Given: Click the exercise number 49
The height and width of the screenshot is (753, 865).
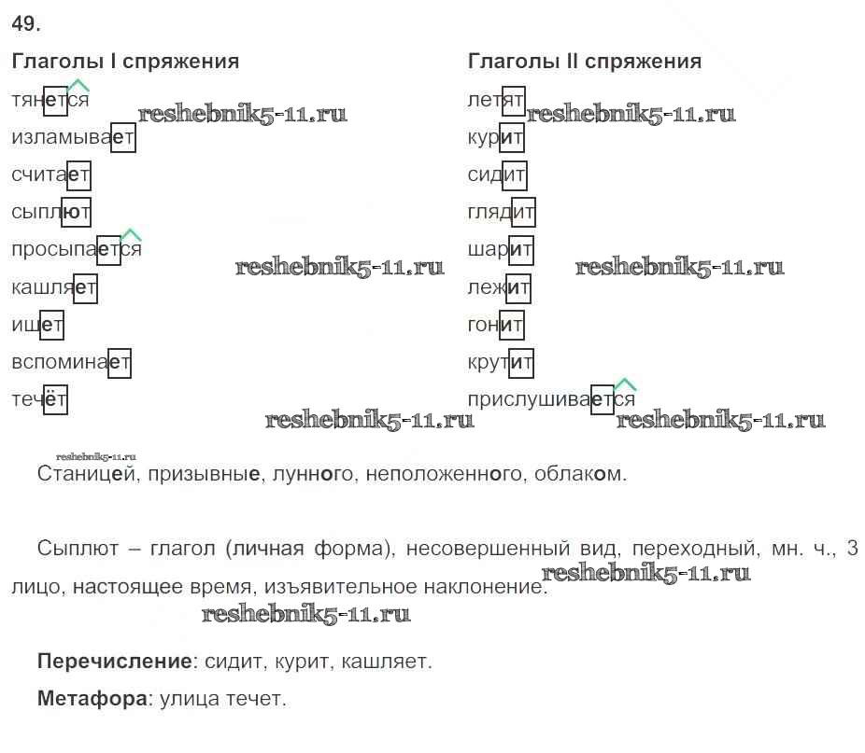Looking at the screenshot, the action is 25,23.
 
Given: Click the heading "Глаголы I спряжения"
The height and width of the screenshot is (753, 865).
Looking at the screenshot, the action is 125,62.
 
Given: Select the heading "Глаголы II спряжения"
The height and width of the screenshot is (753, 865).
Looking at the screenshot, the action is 585,62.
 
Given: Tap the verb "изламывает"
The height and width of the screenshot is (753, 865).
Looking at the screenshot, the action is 73,137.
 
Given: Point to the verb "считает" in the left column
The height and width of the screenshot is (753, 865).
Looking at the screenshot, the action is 50,174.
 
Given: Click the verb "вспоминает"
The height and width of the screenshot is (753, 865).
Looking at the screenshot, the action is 71,362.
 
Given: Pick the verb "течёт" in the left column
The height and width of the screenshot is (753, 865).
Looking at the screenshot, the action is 39,399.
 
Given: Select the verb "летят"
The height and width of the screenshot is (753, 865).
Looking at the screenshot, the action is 496,100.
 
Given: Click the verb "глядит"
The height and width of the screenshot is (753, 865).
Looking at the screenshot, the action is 502,212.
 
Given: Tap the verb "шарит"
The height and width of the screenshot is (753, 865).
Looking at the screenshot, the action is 501,250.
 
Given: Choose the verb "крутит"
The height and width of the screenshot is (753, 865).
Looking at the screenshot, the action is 501,362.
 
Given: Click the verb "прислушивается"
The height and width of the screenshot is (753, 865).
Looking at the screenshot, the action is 551,398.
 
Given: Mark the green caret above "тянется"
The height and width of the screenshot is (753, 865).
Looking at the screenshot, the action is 78,86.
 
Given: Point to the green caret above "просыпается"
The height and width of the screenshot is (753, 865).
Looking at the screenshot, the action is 131,235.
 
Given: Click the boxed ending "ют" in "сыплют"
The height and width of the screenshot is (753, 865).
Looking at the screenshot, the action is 76,212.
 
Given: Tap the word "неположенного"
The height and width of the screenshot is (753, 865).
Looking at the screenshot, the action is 444,473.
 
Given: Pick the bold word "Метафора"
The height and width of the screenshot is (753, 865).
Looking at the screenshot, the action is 93,699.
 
